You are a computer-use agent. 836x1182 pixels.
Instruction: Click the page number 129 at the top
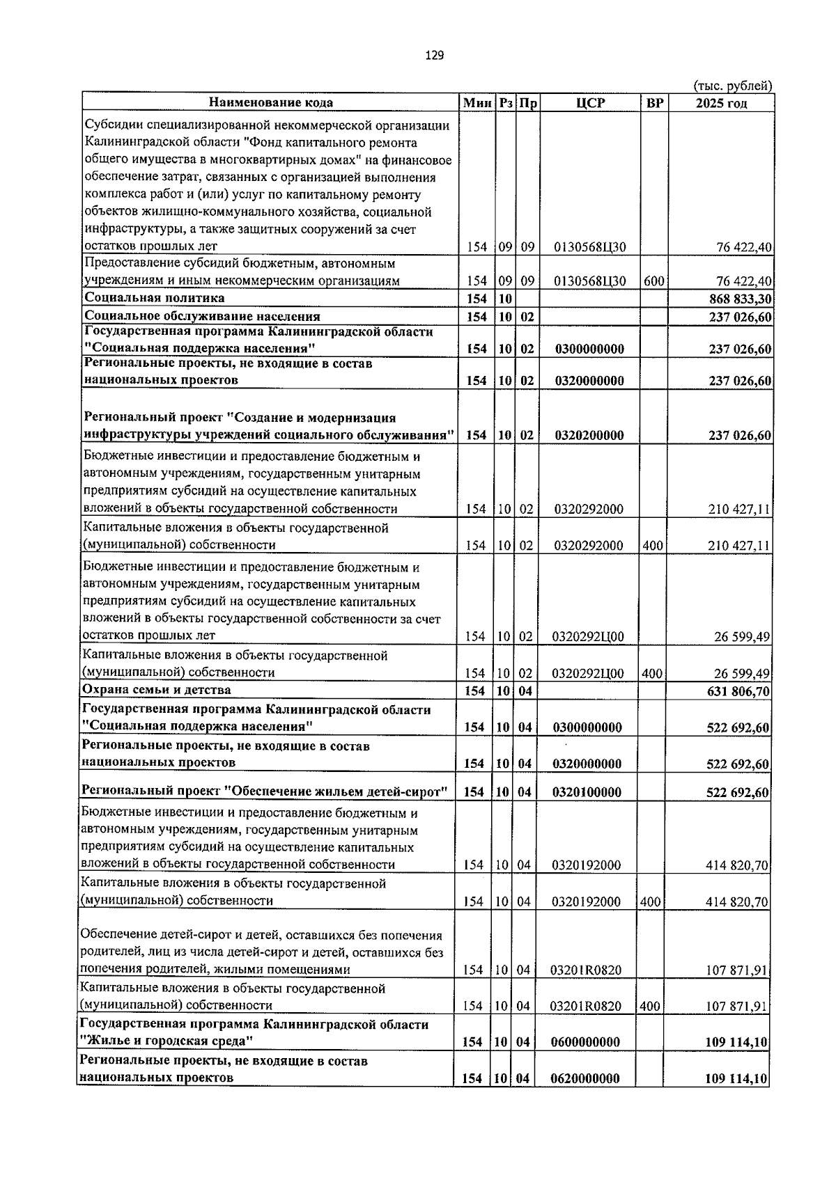(x=433, y=56)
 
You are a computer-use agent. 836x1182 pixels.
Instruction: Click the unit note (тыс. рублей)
(x=734, y=86)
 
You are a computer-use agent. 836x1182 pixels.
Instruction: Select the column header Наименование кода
(x=271, y=102)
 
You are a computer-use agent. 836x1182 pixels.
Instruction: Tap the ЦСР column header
(x=590, y=103)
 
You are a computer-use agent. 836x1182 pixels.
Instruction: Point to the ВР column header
(x=654, y=103)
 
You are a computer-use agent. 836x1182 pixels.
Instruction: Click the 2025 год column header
(x=721, y=103)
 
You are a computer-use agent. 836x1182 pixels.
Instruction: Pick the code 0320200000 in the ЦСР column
(x=589, y=436)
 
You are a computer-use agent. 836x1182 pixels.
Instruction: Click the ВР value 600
(x=653, y=281)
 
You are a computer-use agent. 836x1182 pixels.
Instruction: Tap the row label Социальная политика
(x=154, y=298)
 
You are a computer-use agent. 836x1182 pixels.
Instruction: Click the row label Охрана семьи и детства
(x=156, y=690)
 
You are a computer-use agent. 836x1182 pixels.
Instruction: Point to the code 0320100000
(x=587, y=792)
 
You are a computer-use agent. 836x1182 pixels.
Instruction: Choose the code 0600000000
(x=585, y=1042)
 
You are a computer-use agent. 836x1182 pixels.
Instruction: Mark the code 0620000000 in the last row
(x=585, y=1078)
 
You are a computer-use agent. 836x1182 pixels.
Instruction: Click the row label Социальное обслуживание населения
(x=202, y=316)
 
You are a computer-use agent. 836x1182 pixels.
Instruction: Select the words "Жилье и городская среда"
(x=166, y=1041)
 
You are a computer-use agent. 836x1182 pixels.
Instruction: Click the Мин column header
(x=477, y=103)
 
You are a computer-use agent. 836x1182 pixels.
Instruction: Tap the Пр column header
(x=527, y=103)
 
